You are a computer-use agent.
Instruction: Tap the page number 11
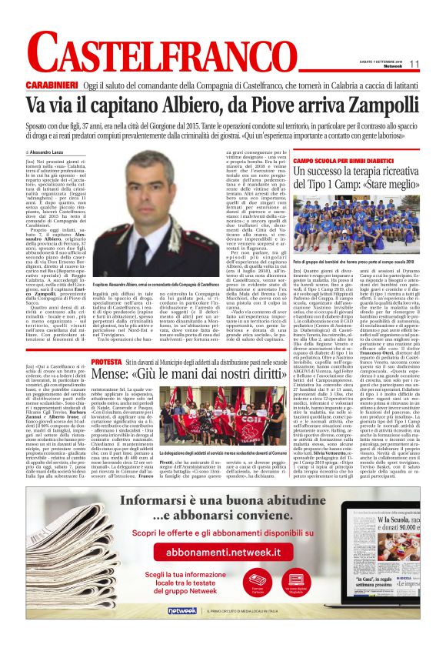414,63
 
